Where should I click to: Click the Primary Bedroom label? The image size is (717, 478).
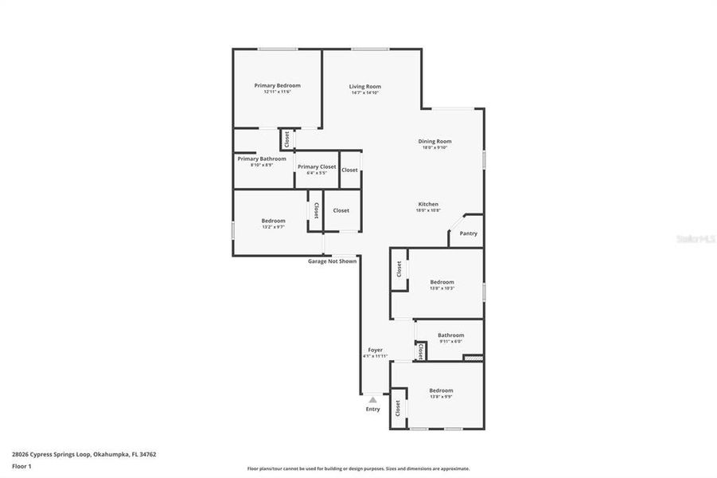277,85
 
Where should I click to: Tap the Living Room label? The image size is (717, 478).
365,86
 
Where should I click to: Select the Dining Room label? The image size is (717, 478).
434,141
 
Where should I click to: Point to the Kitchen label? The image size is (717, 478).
427,204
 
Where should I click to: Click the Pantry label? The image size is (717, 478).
469,233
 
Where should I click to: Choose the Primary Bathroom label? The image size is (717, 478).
262,159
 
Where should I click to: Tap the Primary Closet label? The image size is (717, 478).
317,167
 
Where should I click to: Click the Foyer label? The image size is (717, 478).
375,350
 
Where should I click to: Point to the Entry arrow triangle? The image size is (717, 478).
372,399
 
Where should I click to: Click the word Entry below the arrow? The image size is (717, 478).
372,409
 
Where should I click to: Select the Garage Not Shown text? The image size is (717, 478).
333,261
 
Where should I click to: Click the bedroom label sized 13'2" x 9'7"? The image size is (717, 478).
273,221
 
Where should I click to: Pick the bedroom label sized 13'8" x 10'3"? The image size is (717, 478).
442,281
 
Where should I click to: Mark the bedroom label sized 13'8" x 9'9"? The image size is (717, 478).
441,390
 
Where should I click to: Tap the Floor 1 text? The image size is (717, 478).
21,467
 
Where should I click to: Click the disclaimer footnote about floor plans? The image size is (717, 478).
358,468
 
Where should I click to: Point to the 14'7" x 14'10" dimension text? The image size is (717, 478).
365,92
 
